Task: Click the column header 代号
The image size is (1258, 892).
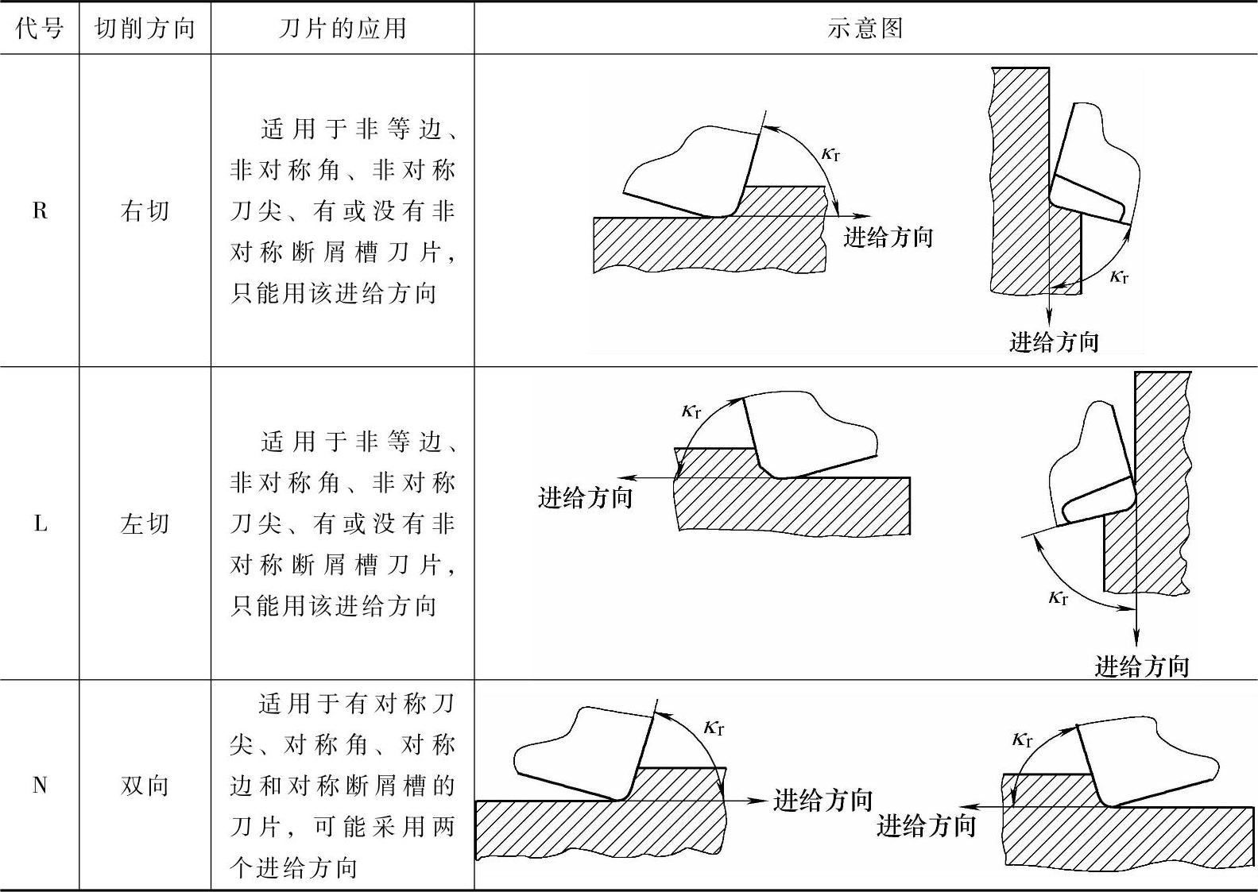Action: pos(39,29)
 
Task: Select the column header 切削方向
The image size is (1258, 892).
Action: pos(145,29)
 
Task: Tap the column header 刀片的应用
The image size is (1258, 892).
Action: pos(343,29)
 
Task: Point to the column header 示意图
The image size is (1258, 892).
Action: pos(865,29)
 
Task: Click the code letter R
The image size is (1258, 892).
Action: pos(40,210)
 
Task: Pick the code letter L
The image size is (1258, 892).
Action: pos(40,523)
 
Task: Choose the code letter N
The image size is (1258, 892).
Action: pos(40,786)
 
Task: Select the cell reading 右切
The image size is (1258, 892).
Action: pos(145,210)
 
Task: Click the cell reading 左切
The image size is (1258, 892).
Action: pos(145,523)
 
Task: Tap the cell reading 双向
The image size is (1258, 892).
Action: pos(145,786)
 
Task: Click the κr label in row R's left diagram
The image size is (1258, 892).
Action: pos(830,153)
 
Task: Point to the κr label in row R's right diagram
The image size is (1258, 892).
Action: pos(1119,276)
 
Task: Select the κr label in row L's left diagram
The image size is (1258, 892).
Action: pos(691,411)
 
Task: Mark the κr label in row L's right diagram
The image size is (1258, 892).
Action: pos(1058,597)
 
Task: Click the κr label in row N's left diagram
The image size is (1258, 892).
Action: pos(714,727)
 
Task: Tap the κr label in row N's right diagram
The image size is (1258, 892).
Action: pos(1022,739)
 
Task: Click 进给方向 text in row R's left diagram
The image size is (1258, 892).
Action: pos(888,237)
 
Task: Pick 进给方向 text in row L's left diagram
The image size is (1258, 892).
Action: pos(585,497)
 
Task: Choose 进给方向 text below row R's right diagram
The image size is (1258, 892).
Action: pos(1054,342)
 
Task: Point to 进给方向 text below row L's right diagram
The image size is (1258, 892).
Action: pos(1141,666)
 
